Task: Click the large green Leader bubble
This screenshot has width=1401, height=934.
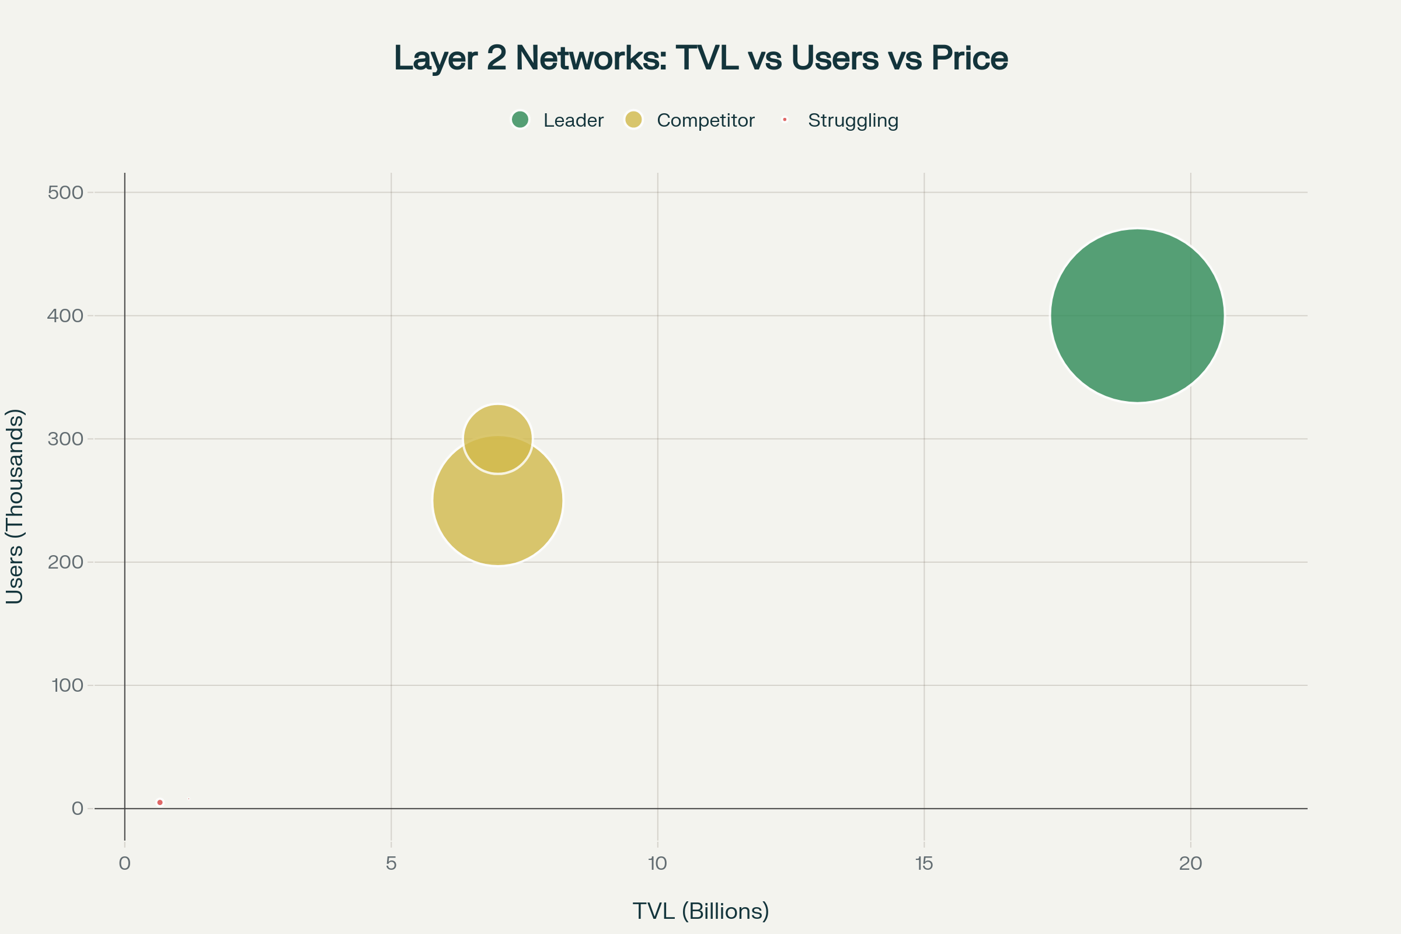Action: pos(1137,316)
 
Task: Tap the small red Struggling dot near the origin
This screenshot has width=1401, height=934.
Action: pos(159,802)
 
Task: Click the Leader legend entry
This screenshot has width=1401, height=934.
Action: pos(573,120)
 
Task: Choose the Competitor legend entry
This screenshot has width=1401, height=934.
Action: pos(705,120)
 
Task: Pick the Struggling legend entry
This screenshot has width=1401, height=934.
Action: pos(852,120)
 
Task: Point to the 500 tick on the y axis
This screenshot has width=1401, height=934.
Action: pos(65,193)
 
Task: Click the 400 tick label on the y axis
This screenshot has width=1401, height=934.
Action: pos(65,316)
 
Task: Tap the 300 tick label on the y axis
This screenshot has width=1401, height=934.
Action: pos(65,439)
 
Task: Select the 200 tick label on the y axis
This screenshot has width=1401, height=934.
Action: pos(65,562)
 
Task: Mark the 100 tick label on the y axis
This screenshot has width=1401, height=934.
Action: pos(67,685)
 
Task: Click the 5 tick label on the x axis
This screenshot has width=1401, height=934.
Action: pos(391,863)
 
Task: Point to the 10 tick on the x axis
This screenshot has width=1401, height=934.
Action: pos(658,863)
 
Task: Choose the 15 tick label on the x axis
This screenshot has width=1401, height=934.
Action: pos(924,863)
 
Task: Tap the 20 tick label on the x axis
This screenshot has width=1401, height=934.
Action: pos(1190,863)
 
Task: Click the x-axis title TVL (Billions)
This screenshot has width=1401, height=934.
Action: pos(700,911)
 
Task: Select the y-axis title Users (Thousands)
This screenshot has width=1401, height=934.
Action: pos(14,506)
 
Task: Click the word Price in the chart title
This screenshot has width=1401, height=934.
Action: pos(969,58)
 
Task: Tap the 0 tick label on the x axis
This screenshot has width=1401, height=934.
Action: pos(124,863)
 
